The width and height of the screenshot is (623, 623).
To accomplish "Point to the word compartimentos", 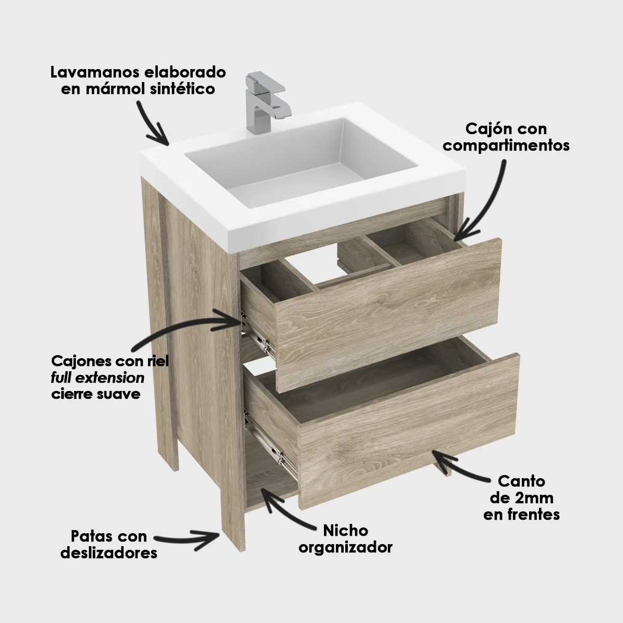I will click(x=506, y=145).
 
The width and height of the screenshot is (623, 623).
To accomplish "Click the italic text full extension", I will click(x=98, y=377).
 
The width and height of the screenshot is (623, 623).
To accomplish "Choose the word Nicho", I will click(x=345, y=531).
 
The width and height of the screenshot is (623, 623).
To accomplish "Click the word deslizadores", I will click(x=109, y=553).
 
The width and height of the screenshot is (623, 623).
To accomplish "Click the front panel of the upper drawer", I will click(x=389, y=311).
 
